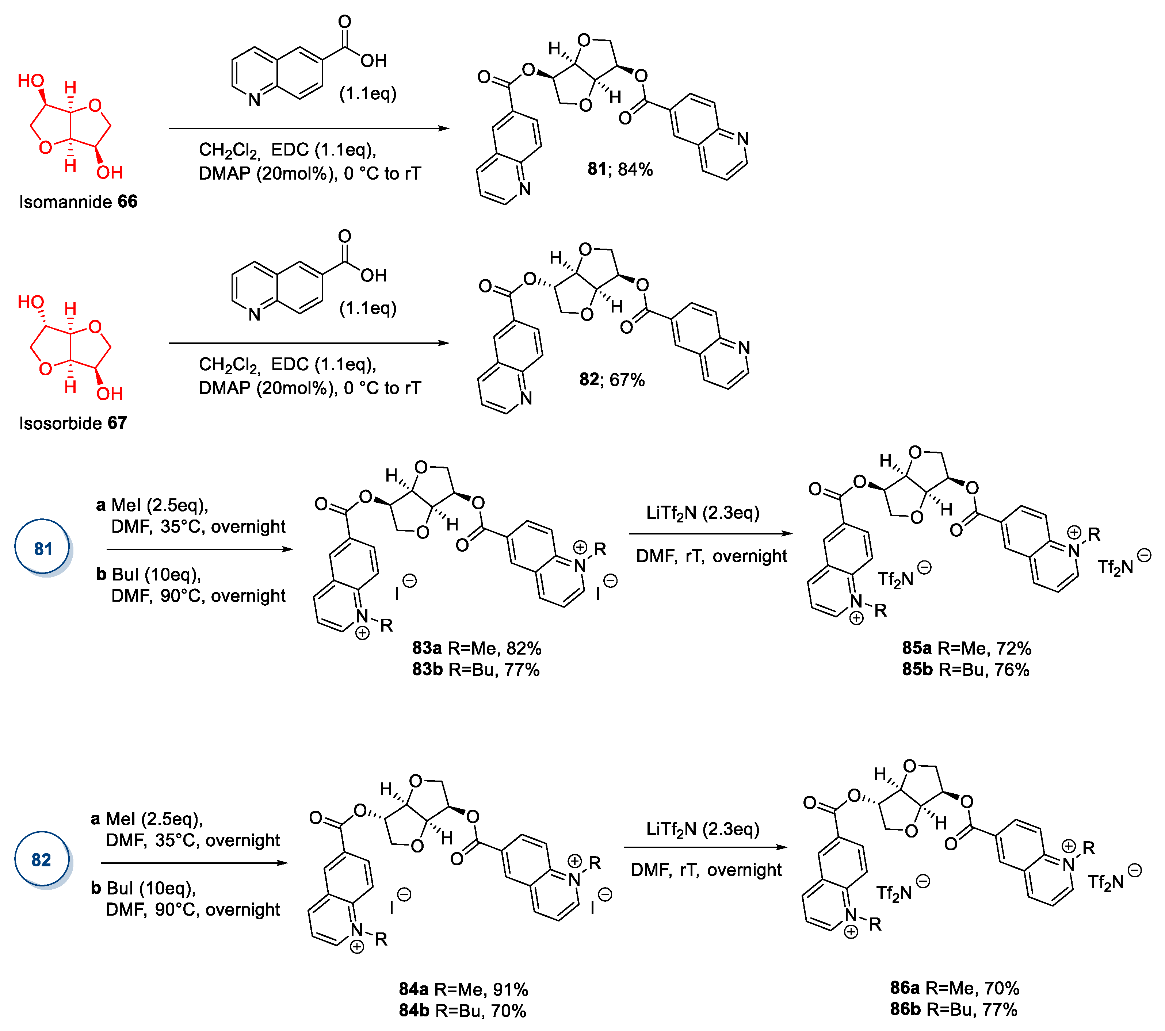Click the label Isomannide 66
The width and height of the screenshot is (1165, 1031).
[78, 202]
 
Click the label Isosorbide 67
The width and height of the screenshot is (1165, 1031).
[73, 423]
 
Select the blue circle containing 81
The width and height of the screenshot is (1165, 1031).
[43, 548]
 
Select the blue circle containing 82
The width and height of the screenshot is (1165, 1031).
[42, 859]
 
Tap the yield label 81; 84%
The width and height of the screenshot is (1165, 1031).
[620, 169]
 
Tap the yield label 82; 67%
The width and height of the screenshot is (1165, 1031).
[612, 380]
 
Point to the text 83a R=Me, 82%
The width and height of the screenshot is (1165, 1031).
[477, 648]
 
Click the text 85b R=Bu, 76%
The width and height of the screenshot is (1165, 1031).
[966, 669]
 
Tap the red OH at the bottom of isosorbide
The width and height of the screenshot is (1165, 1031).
[110, 393]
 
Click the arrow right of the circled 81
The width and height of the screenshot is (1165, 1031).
[199, 549]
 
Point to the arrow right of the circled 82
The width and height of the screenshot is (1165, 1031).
[194, 863]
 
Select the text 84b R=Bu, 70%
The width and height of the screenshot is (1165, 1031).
[462, 1011]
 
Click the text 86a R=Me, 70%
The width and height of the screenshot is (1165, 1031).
[955, 988]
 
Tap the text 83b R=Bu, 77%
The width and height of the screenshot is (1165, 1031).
[476, 669]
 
